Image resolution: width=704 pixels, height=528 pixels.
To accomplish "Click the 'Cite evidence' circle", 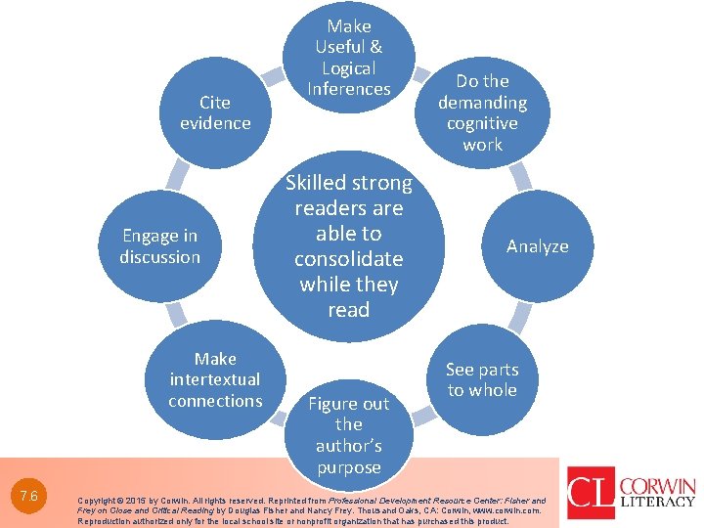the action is pos(215,112).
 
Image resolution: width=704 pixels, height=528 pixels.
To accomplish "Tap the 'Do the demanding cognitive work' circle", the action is pos(482,112).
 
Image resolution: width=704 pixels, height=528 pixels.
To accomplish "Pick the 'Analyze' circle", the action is pos(537,246).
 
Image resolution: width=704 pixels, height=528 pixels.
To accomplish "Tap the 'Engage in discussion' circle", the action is pos(159,246).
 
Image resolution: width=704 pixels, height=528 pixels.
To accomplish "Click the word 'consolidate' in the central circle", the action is pos(349,259).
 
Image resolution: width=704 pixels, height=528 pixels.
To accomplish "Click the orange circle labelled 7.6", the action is pos(28,496).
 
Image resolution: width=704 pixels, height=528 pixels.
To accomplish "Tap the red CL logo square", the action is pos(591,492).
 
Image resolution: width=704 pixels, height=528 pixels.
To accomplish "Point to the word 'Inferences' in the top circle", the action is pos(349,89).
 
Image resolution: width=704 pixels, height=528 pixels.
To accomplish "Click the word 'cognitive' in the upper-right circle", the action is pos(482,123).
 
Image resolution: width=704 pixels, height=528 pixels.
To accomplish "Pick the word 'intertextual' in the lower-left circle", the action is pos(215,379).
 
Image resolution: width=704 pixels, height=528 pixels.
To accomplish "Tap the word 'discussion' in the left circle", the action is pos(159,257).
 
